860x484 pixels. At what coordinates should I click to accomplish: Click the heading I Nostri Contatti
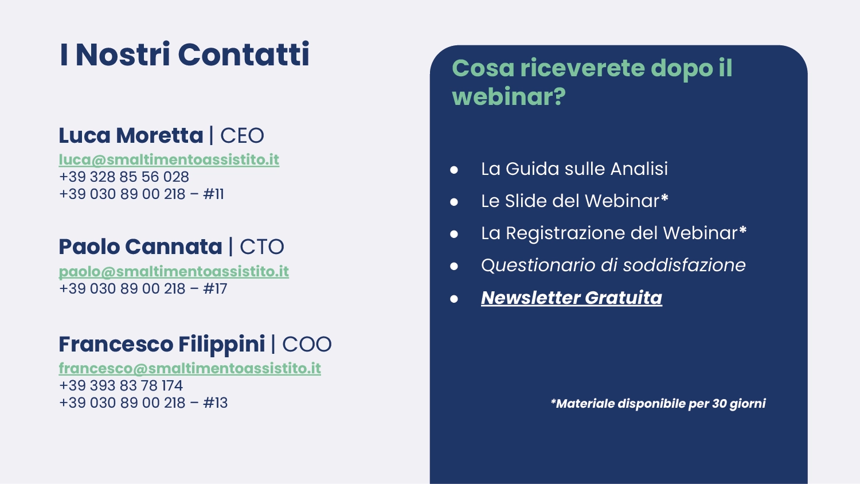(x=184, y=54)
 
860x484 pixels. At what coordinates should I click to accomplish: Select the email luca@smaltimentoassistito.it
(x=169, y=160)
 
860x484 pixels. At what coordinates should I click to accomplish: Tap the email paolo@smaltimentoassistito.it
(x=174, y=272)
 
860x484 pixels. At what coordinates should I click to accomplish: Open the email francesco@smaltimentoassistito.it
(x=190, y=368)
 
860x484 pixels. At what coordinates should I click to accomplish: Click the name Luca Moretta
(x=131, y=135)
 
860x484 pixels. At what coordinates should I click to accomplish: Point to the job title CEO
(x=243, y=136)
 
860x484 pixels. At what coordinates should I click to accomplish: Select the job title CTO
(x=262, y=247)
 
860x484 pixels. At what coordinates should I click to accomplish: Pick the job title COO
(x=307, y=344)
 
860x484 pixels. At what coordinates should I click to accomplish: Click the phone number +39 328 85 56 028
(x=124, y=177)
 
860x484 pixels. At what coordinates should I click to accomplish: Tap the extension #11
(x=213, y=194)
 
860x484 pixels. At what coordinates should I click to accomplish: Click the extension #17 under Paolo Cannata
(x=215, y=289)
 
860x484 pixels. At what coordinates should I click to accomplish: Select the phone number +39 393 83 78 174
(x=121, y=386)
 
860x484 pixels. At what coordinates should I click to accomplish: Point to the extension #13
(x=216, y=403)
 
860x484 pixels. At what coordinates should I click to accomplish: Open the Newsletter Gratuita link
(x=572, y=298)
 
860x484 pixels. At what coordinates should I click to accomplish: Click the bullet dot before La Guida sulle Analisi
(x=454, y=170)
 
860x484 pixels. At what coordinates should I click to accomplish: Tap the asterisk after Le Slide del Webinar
(x=664, y=198)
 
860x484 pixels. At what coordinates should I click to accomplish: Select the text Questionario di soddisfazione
(x=613, y=266)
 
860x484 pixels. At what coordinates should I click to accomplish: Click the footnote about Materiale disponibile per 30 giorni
(x=658, y=404)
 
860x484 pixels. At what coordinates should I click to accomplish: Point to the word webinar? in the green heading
(x=509, y=97)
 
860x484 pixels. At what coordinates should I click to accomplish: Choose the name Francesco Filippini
(x=162, y=345)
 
